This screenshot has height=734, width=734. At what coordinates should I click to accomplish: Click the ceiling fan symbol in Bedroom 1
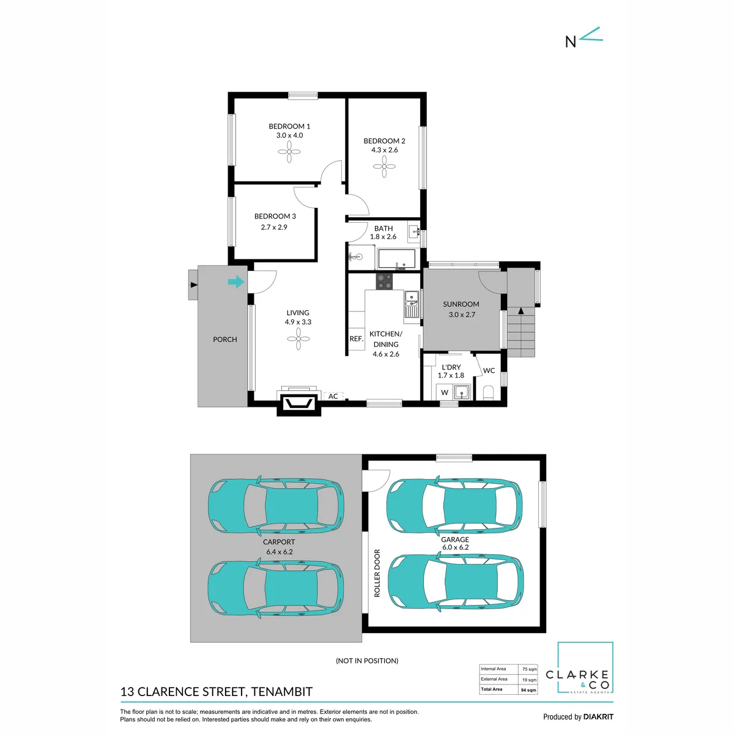click(x=289, y=152)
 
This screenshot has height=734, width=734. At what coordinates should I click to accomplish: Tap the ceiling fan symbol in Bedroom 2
click(x=384, y=166)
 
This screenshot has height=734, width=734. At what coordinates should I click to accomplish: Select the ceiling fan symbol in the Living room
click(x=298, y=339)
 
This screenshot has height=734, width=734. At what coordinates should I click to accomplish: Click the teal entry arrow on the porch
click(x=235, y=282)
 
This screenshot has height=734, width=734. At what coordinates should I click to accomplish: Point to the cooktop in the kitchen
click(x=384, y=281)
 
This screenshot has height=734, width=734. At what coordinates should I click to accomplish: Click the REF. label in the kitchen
click(x=357, y=339)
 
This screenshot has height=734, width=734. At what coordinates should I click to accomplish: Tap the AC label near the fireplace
click(x=333, y=396)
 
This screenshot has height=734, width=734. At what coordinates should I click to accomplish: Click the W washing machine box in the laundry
click(x=445, y=392)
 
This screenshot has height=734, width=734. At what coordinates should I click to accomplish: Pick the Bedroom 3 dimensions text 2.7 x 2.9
click(x=274, y=227)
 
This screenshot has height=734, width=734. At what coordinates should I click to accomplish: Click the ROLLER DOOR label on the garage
click(x=377, y=573)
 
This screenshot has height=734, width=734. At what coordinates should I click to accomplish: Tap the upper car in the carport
click(x=276, y=505)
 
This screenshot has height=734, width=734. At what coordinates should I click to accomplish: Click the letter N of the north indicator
click(x=570, y=42)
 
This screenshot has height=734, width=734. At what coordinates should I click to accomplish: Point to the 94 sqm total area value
click(x=528, y=690)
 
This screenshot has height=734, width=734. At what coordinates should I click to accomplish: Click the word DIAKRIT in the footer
click(x=598, y=717)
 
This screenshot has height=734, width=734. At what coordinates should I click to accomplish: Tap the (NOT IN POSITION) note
click(x=367, y=661)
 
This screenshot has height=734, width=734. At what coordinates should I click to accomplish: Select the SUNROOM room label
click(x=461, y=304)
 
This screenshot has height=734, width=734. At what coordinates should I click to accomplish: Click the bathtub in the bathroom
click(x=396, y=259)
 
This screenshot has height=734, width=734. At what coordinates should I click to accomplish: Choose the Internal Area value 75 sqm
click(x=530, y=669)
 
